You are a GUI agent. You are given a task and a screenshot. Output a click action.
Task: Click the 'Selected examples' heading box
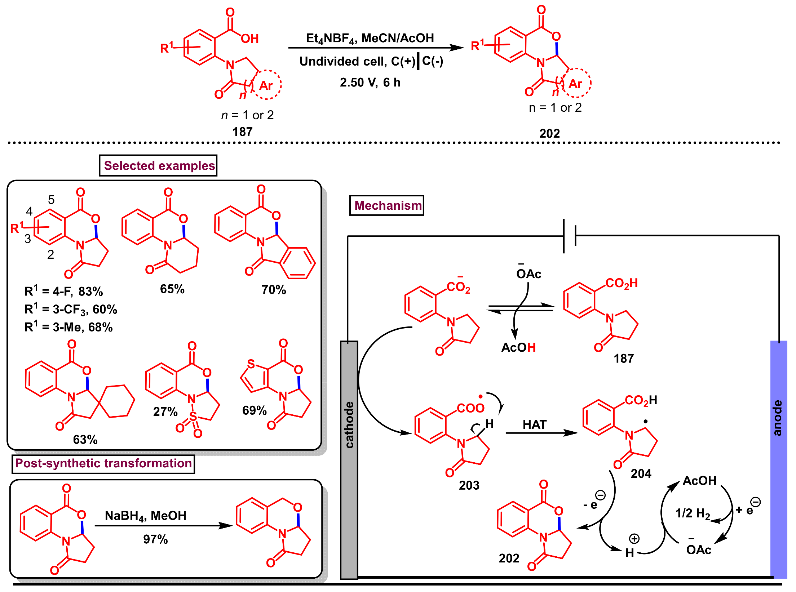pos(158,165)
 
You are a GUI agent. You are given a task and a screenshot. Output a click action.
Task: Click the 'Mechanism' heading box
pos(387,205)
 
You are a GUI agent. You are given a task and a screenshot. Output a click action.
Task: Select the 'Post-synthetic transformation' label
pos(103,463)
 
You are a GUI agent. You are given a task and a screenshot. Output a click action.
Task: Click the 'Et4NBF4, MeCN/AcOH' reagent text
pos(370,38)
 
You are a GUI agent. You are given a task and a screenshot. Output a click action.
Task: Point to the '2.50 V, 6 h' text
pos(370,83)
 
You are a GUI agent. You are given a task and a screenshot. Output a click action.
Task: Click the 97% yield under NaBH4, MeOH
pos(155,539)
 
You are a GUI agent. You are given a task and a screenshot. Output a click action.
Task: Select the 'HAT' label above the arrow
pos(535,424)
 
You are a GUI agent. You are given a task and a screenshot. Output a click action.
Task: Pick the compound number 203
pos(469,485)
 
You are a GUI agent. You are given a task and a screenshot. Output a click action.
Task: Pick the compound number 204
pos(641,473)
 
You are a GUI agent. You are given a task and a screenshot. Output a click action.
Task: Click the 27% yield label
pos(165,411)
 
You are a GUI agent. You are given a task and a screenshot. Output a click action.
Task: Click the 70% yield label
pos(274,290)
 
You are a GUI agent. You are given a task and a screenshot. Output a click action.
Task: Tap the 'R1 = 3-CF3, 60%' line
pos(71,310)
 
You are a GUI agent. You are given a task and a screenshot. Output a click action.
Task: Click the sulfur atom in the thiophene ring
pos(251,364)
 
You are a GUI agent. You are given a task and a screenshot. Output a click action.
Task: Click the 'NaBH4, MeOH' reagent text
pos(146,516)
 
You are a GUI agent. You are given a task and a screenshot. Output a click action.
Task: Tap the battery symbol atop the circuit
pos(570,236)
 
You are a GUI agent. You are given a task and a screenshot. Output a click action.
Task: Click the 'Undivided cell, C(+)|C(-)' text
pos(371,61)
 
